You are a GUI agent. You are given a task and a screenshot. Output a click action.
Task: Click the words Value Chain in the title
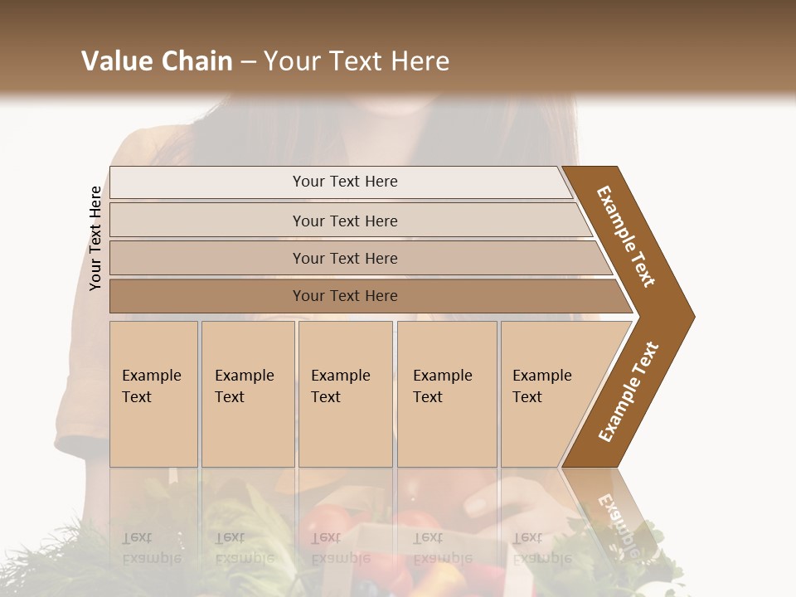click(x=157, y=61)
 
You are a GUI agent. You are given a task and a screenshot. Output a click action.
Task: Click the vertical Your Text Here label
click(x=95, y=239)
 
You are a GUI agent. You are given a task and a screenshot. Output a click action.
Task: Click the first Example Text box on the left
click(x=153, y=394)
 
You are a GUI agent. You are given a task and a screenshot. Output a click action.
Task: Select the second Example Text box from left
click(x=248, y=394)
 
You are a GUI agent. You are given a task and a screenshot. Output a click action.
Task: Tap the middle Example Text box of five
click(x=345, y=394)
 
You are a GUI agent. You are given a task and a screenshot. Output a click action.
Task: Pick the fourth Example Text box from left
click(x=447, y=394)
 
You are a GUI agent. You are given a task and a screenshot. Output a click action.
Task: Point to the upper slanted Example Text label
click(x=626, y=235)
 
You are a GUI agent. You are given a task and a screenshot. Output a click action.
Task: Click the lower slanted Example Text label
click(x=629, y=392)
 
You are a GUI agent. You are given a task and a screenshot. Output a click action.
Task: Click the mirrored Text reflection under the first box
click(x=137, y=537)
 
